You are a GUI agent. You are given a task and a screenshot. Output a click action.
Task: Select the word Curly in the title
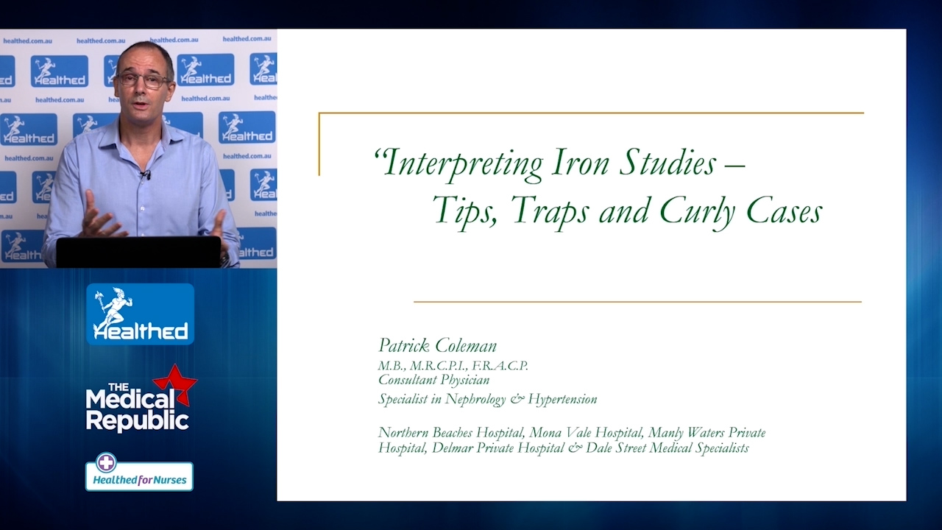click(x=698, y=213)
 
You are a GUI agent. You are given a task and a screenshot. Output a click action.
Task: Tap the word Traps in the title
click(x=550, y=213)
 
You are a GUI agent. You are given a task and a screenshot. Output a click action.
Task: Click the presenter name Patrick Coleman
click(x=437, y=346)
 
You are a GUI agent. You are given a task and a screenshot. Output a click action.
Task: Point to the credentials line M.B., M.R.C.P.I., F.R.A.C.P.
click(x=453, y=366)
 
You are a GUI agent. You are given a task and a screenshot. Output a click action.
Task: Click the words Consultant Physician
click(x=433, y=380)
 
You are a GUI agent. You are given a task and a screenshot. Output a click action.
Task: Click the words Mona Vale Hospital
click(x=586, y=432)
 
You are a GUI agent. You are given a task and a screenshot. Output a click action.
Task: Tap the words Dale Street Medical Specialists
click(x=667, y=448)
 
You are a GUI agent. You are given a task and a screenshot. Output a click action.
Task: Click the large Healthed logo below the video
click(x=140, y=314)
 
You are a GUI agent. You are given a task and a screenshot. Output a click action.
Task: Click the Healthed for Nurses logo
click(x=139, y=476)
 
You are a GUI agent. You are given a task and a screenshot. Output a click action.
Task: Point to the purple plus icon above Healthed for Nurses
click(x=106, y=462)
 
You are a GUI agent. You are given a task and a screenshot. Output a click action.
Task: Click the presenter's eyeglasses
click(x=143, y=80)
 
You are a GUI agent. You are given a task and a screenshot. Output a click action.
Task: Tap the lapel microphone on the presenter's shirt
click(x=146, y=174)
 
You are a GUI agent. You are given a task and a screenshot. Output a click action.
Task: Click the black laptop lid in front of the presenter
click(x=138, y=252)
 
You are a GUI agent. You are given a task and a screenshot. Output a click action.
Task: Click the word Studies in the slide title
click(x=667, y=163)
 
